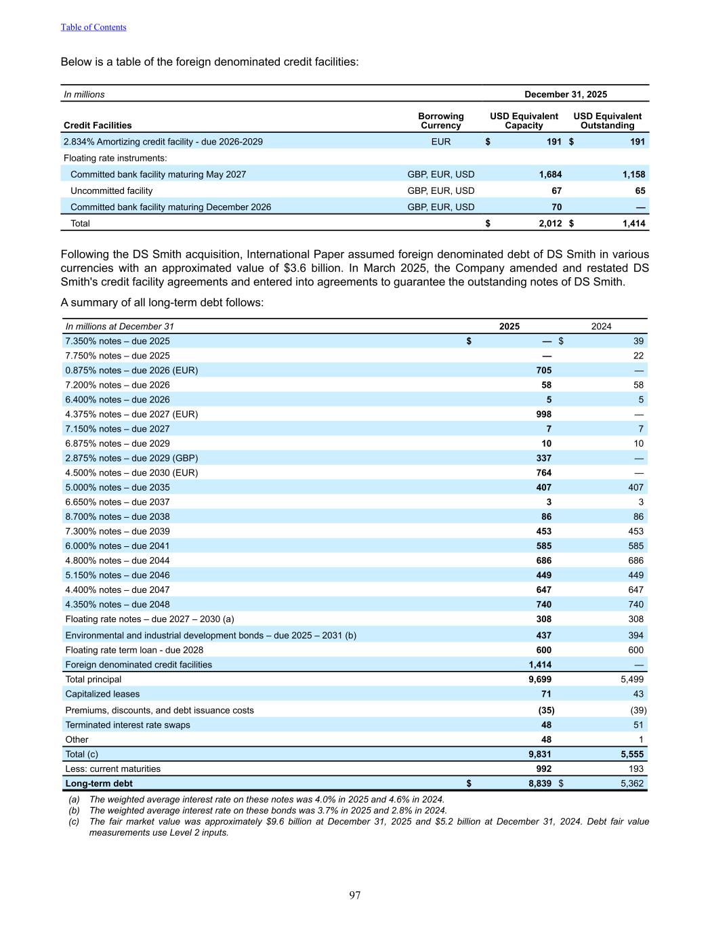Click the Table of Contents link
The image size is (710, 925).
click(93, 27)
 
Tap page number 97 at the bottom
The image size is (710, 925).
click(355, 895)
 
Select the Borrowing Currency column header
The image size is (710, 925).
click(440, 121)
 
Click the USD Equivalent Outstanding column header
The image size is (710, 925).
click(607, 121)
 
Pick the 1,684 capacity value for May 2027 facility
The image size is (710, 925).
click(550, 174)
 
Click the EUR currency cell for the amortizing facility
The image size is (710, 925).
click(440, 142)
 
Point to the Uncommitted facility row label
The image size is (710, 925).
click(111, 190)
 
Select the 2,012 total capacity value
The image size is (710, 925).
click(550, 223)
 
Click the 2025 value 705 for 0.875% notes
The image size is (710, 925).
click(543, 370)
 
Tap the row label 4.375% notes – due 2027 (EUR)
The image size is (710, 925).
click(131, 414)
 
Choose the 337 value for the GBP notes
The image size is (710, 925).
click(543, 458)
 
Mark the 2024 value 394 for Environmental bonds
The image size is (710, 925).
click(635, 635)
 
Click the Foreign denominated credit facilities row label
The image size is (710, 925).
click(138, 665)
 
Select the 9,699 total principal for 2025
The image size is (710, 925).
click(540, 679)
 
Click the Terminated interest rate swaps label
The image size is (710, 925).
click(127, 724)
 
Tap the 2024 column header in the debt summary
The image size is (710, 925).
click(601, 326)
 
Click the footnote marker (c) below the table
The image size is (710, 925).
click(74, 821)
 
